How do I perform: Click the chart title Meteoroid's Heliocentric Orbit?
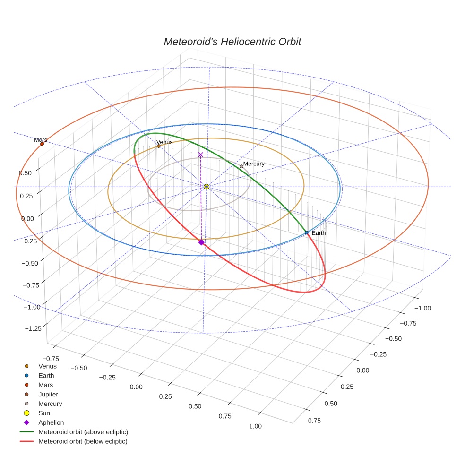232,42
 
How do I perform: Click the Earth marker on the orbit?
306,232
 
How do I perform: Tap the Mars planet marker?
42,144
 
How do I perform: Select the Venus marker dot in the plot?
159,146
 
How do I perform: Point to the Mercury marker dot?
241,166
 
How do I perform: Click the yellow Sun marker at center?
207,187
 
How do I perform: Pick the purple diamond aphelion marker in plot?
201,242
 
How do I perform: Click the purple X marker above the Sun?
200,155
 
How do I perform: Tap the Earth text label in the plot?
319,233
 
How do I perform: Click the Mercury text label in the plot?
254,164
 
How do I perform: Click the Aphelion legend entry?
51,422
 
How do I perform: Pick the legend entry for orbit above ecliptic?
83,432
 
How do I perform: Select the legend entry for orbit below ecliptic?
83,441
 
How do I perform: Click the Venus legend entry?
47,366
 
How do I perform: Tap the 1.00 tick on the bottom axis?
255,426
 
